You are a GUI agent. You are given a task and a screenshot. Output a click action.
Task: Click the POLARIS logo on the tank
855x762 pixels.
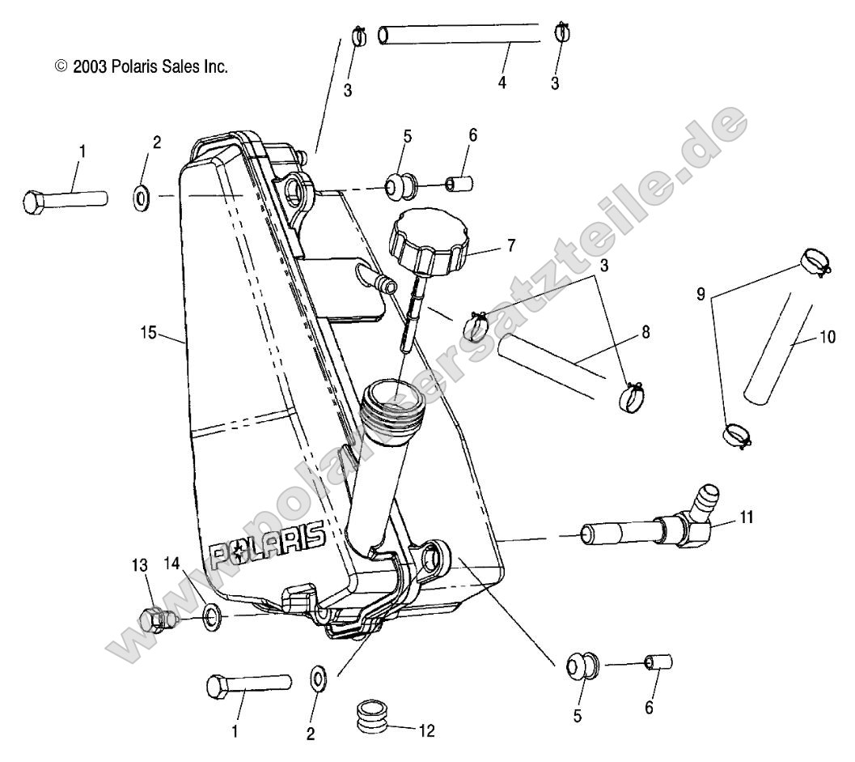(x=267, y=543)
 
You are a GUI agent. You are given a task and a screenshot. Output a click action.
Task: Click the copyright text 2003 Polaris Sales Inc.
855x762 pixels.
(x=141, y=67)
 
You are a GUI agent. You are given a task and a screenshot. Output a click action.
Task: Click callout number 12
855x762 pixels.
(x=426, y=730)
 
